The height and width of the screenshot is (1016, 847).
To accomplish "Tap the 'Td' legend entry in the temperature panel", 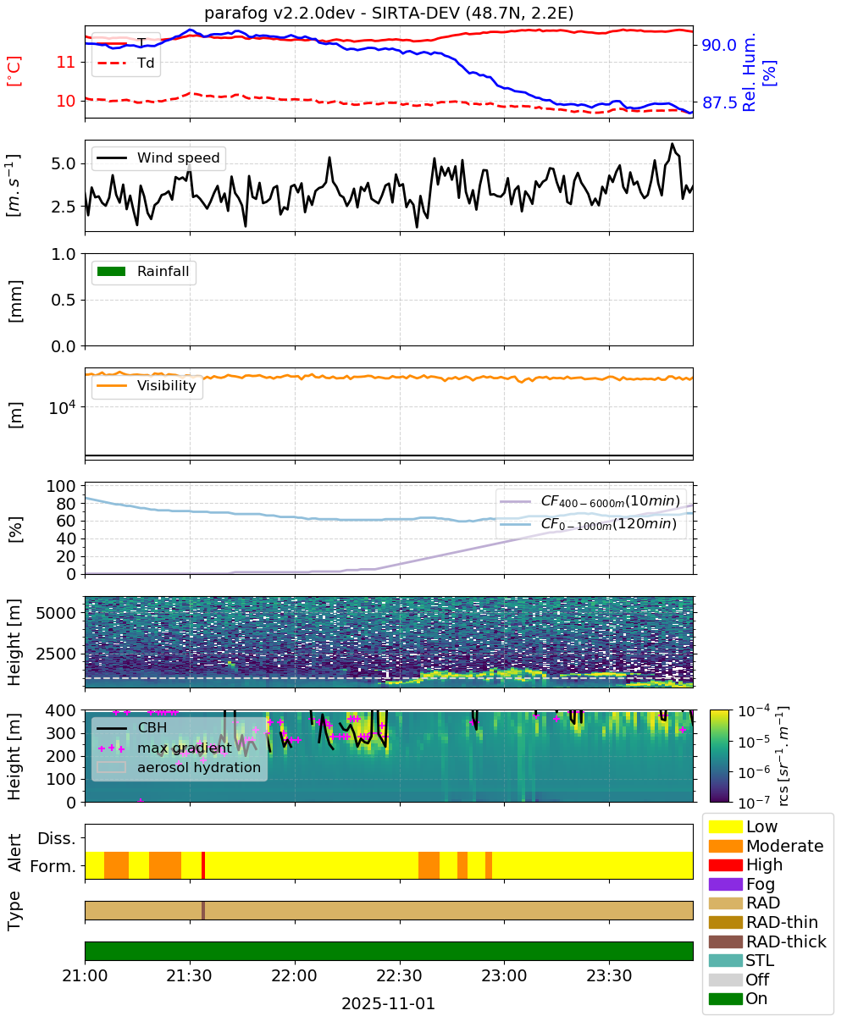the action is tap(125, 63).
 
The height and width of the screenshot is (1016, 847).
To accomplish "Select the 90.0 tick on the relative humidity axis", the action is tap(719, 45).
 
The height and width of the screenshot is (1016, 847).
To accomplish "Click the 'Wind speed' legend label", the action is tap(178, 157).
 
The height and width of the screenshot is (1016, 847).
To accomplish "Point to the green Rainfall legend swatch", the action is tap(112, 272).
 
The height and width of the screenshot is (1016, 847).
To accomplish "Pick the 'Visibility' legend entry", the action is tap(147, 385).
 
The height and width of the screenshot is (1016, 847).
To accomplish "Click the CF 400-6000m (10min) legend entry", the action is tap(590, 500).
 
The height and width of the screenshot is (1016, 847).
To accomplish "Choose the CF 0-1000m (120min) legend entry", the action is tap(589, 523).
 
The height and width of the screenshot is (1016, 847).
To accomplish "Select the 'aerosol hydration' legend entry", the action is tap(179, 767).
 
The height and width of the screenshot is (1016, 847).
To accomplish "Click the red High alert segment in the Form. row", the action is tap(203, 865).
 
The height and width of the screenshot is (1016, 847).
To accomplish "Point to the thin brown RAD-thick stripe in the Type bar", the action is tap(203, 910).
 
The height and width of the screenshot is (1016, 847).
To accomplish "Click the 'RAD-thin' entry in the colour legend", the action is tap(763, 922).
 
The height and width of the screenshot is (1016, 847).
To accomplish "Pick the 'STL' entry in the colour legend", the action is tap(741, 960).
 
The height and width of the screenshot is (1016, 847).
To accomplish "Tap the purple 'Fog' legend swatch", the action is tap(725, 884).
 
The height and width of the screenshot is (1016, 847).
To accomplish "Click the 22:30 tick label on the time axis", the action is tap(400, 975).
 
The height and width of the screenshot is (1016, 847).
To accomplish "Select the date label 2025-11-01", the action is tap(388, 1003).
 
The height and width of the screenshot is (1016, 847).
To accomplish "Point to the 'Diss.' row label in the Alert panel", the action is tap(57, 838).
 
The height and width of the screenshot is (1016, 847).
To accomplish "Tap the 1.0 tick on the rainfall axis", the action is tap(64, 254).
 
